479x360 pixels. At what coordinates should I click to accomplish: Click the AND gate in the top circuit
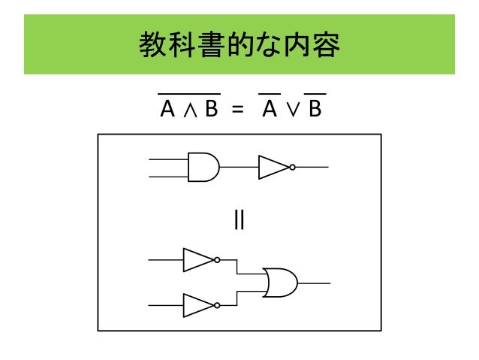pos(202,167)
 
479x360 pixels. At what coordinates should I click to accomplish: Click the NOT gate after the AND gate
pos(273,167)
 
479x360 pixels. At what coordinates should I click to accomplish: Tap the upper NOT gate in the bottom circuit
pos(198,260)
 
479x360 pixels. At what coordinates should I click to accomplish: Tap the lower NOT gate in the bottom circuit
pos(198,305)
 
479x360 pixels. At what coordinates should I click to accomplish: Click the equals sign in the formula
pos(238,110)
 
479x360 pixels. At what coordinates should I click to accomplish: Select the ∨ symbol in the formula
pos(291,111)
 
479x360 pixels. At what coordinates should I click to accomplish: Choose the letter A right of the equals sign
pos(267,110)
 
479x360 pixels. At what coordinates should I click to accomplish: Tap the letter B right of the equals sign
pos(314,110)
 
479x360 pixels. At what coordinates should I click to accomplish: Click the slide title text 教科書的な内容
pos(239,47)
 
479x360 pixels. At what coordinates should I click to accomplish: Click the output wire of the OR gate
pos(314,283)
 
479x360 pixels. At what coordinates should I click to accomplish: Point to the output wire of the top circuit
pos(312,167)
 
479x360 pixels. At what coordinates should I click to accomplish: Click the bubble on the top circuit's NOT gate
pos(291,167)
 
